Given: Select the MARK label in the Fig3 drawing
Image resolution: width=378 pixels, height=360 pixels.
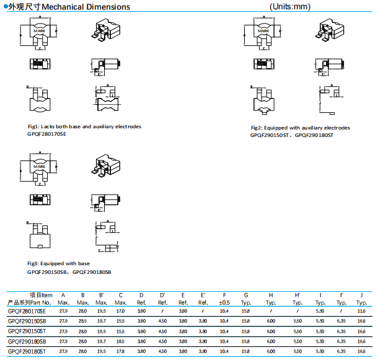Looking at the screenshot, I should pos(39,166).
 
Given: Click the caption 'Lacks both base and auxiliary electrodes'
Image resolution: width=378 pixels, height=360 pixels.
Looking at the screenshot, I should pos(89,126).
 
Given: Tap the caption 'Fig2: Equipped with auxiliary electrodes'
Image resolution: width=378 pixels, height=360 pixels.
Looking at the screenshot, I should pos(300,128).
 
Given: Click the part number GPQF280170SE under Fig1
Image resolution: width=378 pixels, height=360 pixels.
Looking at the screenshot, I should pos(46,134).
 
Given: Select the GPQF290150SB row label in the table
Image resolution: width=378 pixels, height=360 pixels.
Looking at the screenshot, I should pos(27,322).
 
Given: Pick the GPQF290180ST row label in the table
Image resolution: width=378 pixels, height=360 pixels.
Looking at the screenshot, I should pos(27,351).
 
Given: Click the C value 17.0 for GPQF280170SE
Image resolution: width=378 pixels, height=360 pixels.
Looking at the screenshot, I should pos(121,311).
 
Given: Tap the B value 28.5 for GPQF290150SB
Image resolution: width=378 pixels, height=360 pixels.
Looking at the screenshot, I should pos(82,322).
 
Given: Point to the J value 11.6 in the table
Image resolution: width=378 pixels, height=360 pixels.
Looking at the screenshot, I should pos(360,311).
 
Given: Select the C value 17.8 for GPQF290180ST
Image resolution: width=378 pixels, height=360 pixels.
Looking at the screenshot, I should pos(121,351).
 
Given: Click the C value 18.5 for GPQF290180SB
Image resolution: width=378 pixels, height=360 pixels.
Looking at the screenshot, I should pos(121,341).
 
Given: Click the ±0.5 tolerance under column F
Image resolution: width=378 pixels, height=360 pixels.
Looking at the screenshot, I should pos(224,302).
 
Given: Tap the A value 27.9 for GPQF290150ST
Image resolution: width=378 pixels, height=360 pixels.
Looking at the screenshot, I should pos(63,331).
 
